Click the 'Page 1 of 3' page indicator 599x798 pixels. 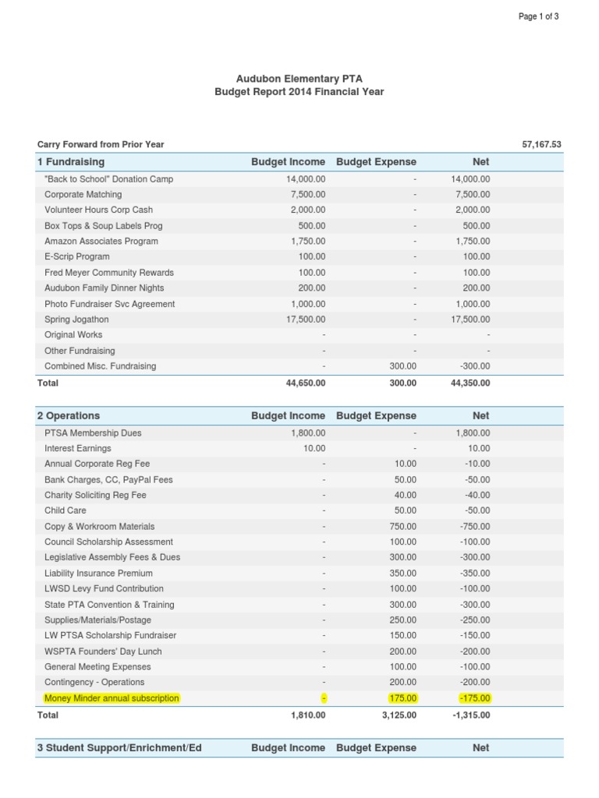538,17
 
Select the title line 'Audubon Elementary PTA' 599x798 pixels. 299,79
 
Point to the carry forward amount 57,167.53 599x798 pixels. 541,144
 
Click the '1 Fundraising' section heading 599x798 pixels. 71,162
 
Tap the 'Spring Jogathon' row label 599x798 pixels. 76,320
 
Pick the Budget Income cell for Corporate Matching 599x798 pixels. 307,195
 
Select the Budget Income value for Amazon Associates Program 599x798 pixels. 307,242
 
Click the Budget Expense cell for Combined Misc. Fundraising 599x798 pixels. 402,366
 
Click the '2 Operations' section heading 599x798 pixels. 69,416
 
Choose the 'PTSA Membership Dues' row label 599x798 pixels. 93,433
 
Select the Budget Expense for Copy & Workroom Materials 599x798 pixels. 402,527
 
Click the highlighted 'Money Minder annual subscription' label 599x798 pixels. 112,698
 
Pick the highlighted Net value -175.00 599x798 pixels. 475,698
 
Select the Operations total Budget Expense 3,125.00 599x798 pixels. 398,715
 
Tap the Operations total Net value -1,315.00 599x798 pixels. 471,715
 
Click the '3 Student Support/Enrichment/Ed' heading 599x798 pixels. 119,748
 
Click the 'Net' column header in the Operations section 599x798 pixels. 481,416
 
